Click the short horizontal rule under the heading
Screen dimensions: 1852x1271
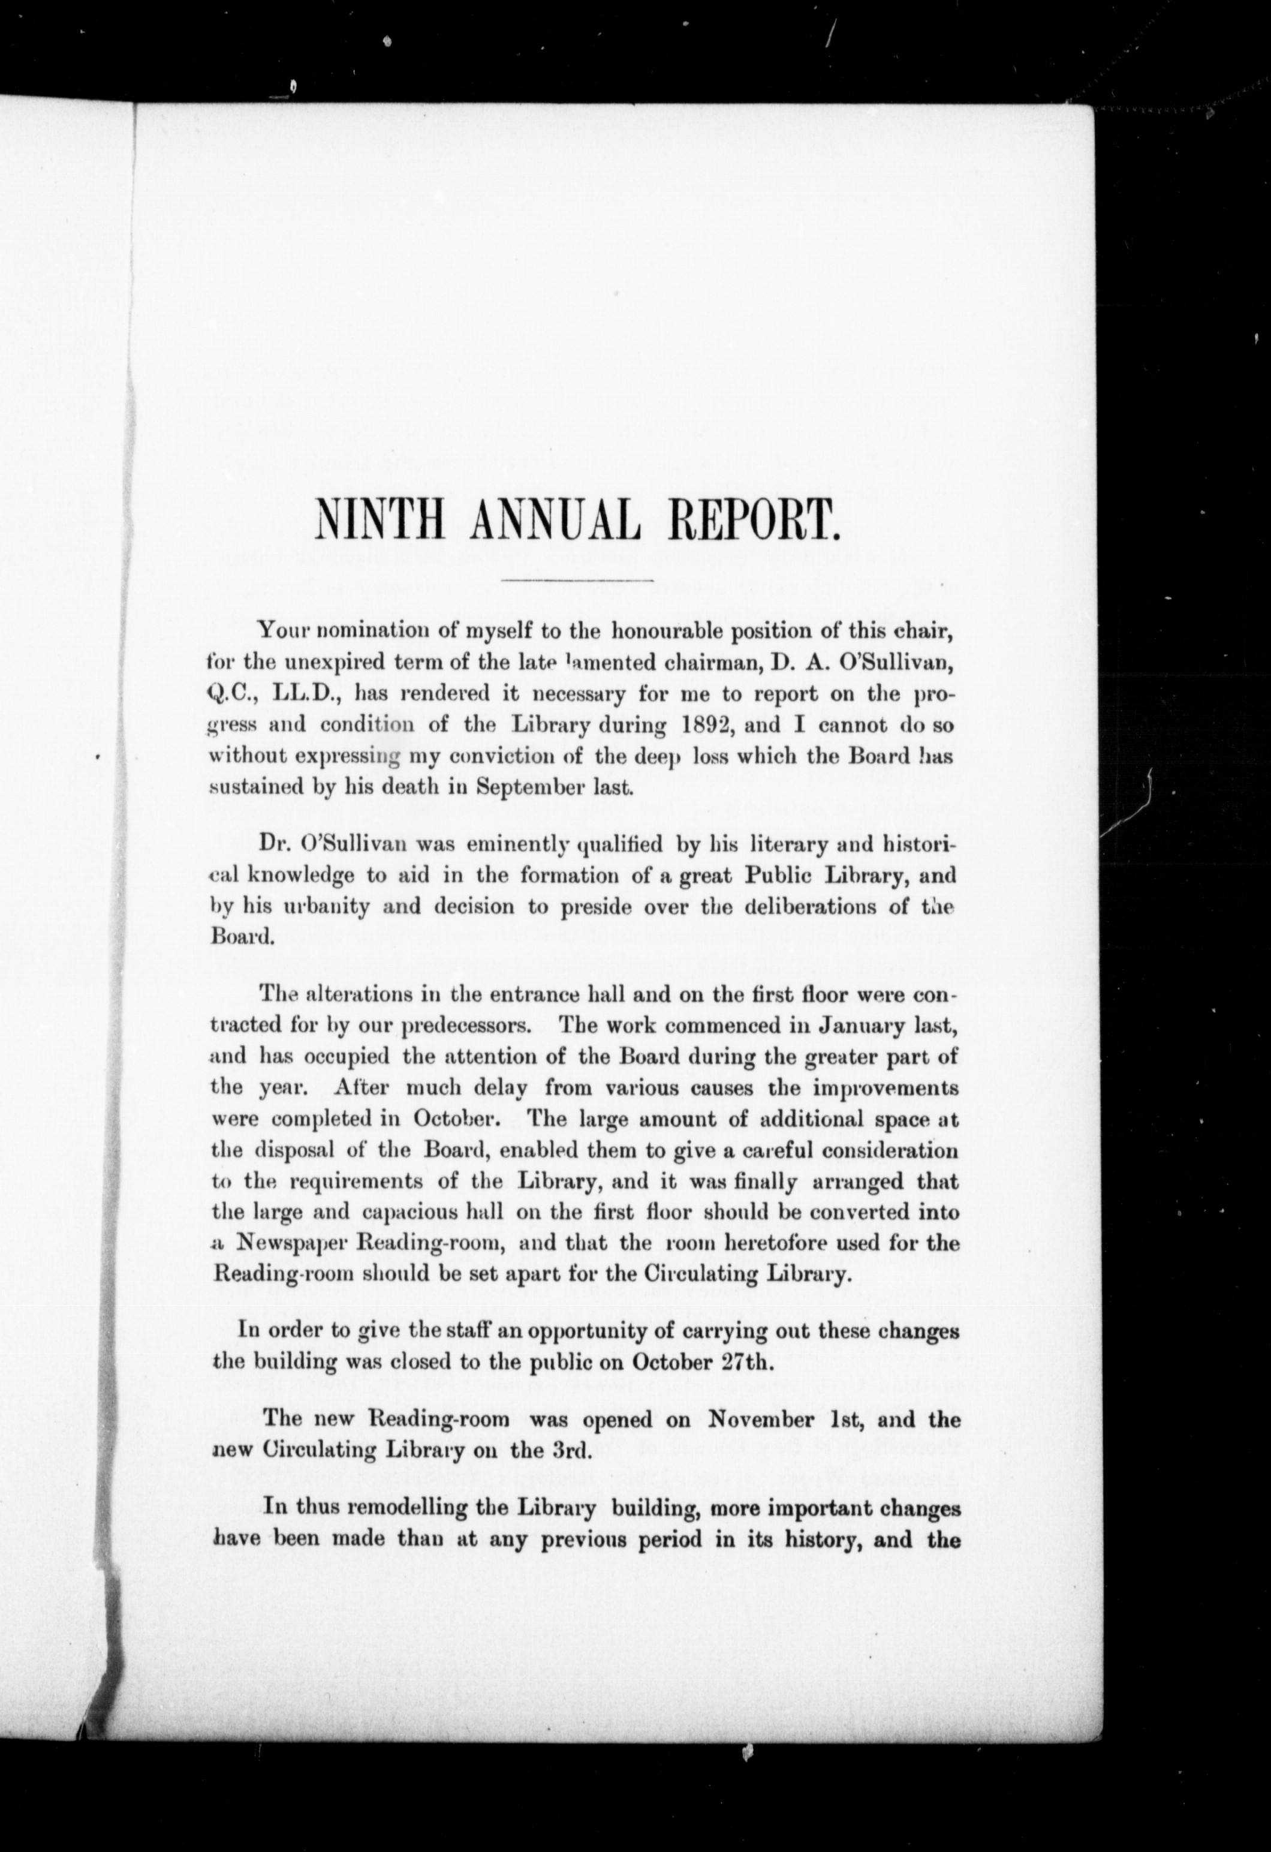point(576,579)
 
